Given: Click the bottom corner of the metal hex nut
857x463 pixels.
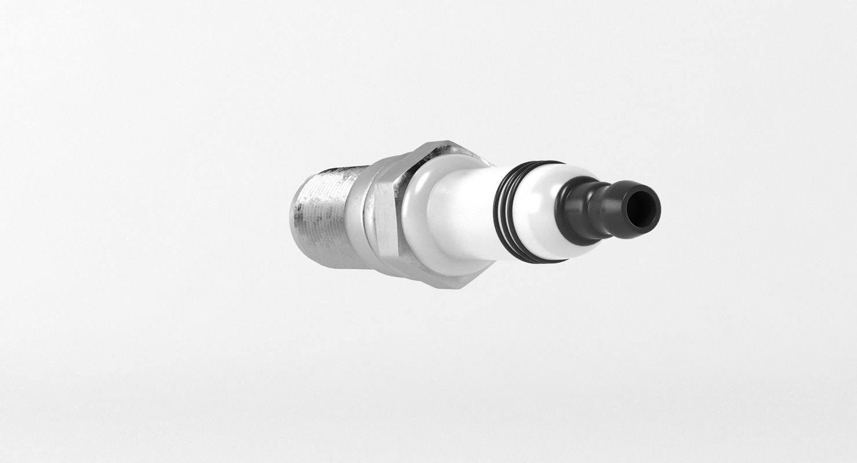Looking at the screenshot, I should (x=457, y=286).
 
